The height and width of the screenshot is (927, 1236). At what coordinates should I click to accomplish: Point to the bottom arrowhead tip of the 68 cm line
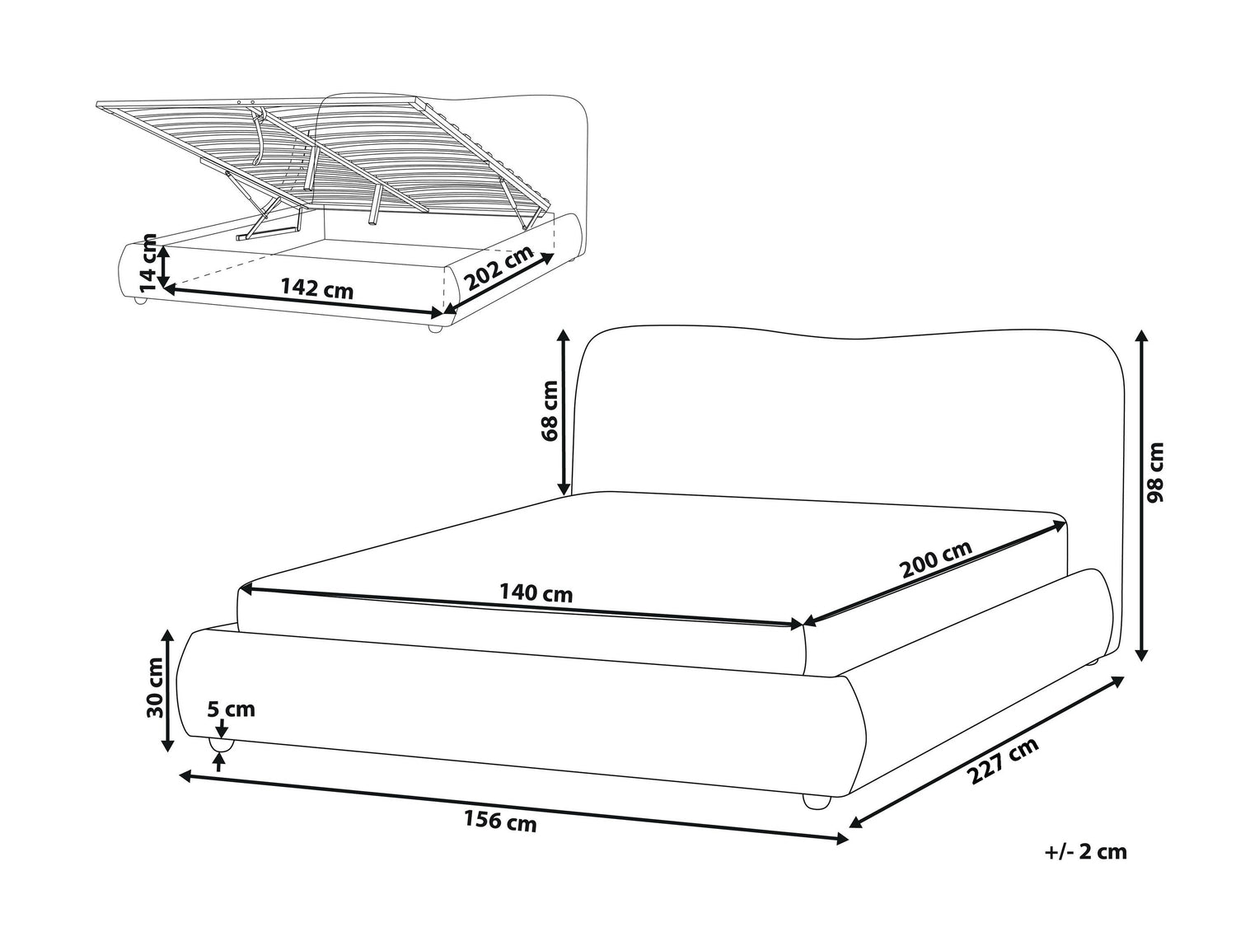coord(563,494)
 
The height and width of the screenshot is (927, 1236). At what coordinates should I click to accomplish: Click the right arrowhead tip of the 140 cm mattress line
coord(803,624)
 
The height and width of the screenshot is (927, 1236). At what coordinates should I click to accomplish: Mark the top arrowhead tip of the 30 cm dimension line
coord(167,630)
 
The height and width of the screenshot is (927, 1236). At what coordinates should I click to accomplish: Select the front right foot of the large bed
coord(817,802)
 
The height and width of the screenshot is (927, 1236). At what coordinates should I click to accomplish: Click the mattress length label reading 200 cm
coord(937,559)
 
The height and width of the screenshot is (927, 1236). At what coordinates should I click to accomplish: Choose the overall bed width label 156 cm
coord(500,821)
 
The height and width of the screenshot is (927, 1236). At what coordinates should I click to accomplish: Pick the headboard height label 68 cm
coord(550,411)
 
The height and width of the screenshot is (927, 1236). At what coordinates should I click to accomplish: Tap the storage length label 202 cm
coord(499,268)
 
